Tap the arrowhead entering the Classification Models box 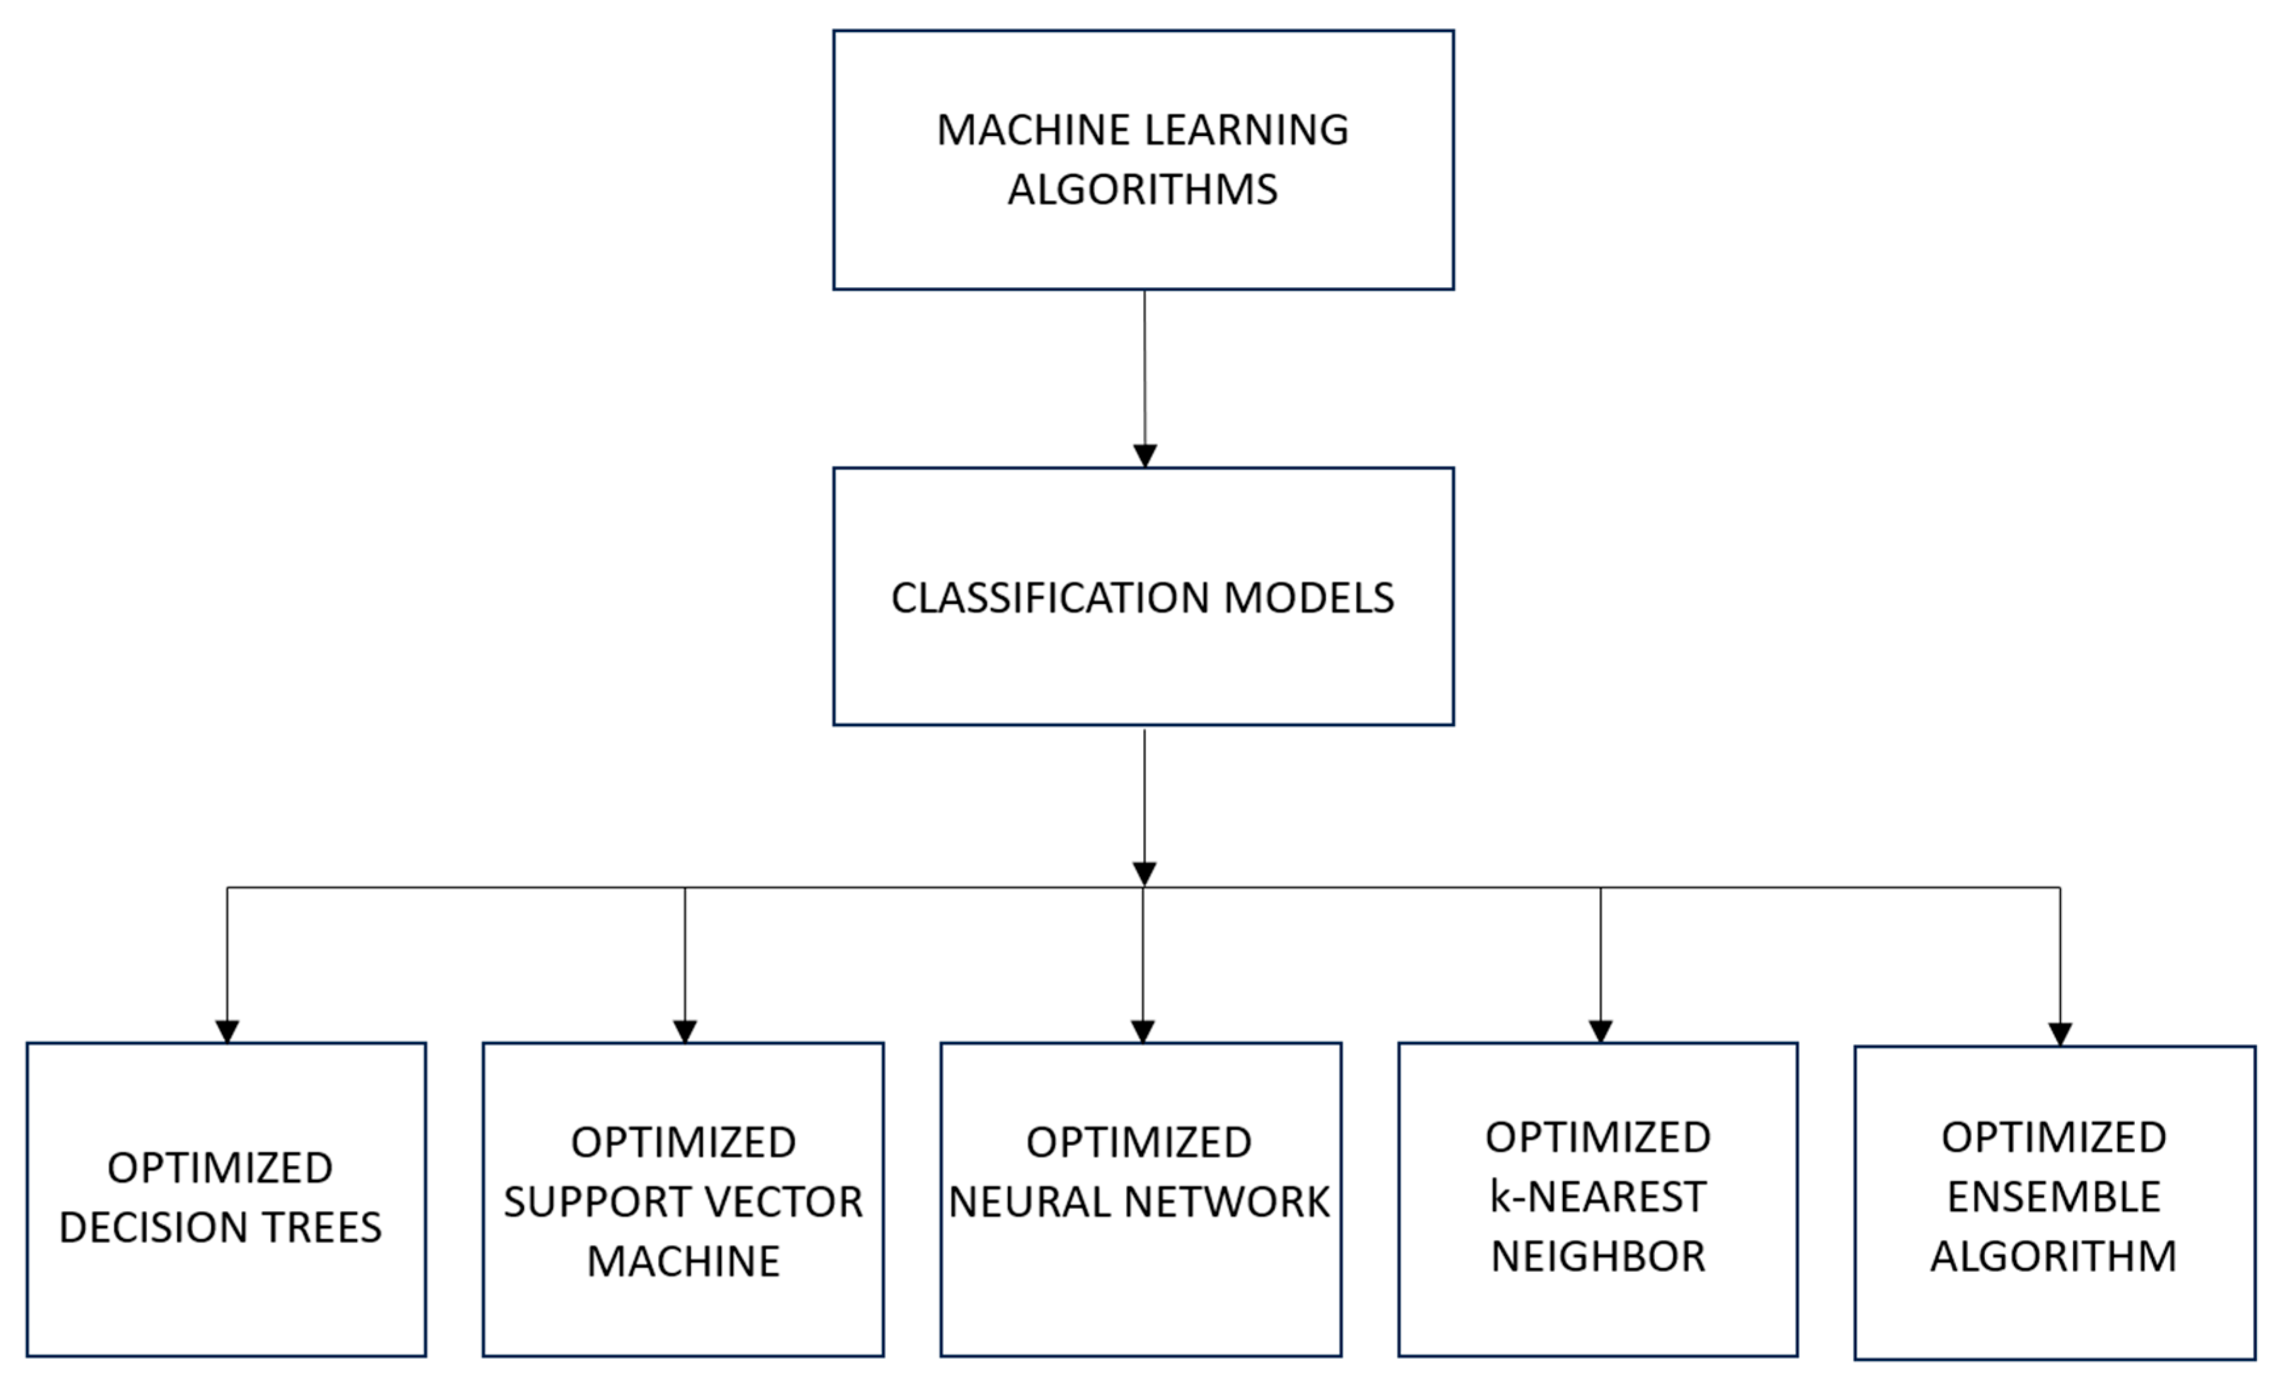point(1145,455)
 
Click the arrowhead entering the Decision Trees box point(227,1032)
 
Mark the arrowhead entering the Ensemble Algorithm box point(2060,1034)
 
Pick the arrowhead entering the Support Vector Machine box point(684,1032)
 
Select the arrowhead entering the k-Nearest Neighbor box point(1600,1032)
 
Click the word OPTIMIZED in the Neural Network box point(1138,1143)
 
